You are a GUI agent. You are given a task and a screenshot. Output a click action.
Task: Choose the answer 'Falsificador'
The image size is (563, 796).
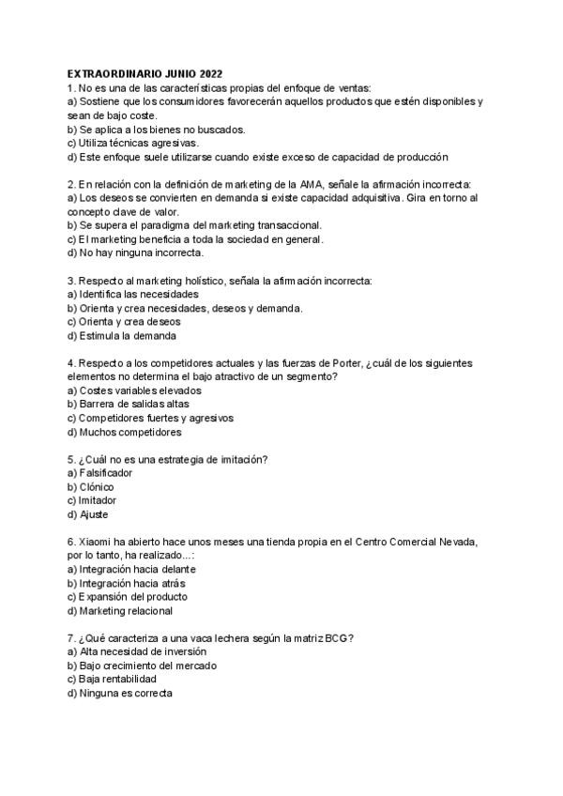click(x=105, y=473)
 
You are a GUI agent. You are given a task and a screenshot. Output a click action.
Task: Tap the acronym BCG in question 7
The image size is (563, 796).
click(x=336, y=637)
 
